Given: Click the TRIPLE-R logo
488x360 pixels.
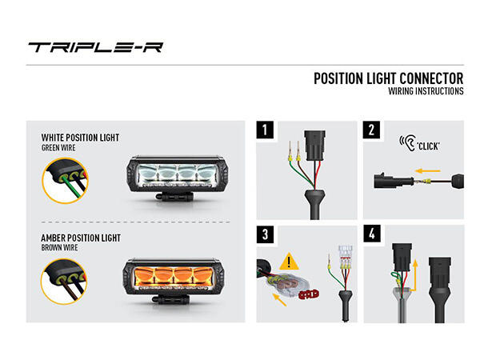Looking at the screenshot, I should click(x=95, y=46).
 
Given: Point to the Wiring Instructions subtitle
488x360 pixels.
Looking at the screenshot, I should click(x=425, y=91).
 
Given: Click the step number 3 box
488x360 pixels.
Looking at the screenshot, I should click(x=265, y=234).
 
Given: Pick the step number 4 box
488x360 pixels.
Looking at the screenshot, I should click(x=372, y=234).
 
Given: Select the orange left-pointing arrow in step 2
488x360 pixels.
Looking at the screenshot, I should click(x=430, y=170).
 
